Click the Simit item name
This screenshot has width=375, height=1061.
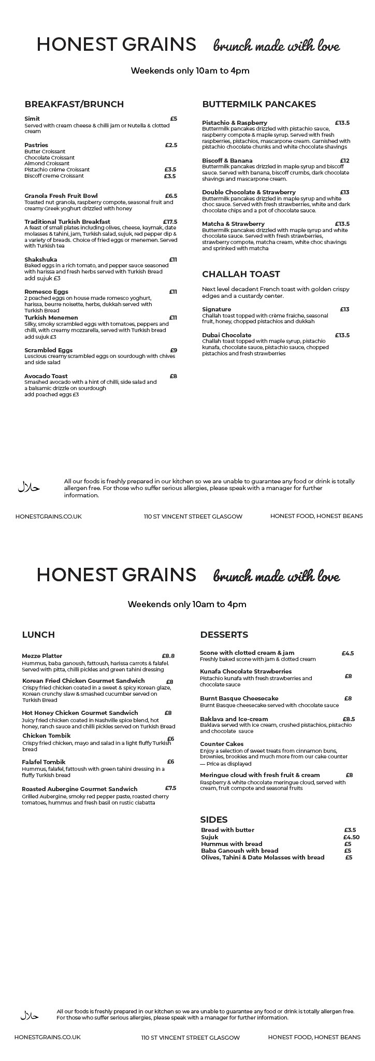tap(32, 119)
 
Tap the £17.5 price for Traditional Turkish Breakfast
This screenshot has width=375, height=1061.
tap(170, 222)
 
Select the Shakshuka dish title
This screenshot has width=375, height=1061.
tap(41, 260)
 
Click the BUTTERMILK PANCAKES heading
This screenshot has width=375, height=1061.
tap(258, 104)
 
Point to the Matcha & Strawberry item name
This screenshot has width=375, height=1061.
tap(233, 224)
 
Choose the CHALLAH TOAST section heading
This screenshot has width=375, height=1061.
tap(241, 274)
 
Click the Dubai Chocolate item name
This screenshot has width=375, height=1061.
tap(226, 335)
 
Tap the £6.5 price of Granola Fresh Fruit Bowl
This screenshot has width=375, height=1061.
tap(171, 196)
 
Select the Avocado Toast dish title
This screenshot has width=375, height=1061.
tap(46, 376)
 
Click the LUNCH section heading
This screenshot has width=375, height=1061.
tap(38, 635)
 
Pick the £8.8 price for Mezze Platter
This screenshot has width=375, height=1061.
tap(168, 656)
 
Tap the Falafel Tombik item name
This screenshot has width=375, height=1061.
tap(44, 762)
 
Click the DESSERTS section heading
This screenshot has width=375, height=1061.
tap(224, 635)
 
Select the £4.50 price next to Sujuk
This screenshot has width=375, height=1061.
tap(351, 837)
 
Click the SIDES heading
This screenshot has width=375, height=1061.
tap(214, 820)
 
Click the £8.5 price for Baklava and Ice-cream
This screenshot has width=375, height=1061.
tap(349, 719)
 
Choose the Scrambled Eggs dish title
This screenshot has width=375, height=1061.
tap(48, 350)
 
